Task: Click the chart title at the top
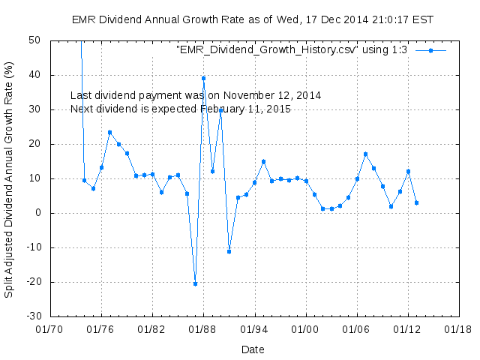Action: coord(253,19)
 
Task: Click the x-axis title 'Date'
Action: coord(253,349)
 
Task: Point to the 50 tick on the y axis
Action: coord(34,40)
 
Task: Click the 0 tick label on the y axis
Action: coord(37,213)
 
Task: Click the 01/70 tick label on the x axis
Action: coord(49,329)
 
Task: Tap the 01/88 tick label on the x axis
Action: coord(203,329)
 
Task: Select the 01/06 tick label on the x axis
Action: coord(356,329)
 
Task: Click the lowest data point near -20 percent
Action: coord(195,283)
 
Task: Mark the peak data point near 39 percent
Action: coord(203,78)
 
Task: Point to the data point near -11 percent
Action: coord(229,251)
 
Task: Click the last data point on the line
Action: coord(416,202)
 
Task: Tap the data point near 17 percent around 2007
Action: coord(365,154)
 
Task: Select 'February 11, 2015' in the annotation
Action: coord(245,109)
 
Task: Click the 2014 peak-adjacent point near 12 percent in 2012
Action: coord(408,171)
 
